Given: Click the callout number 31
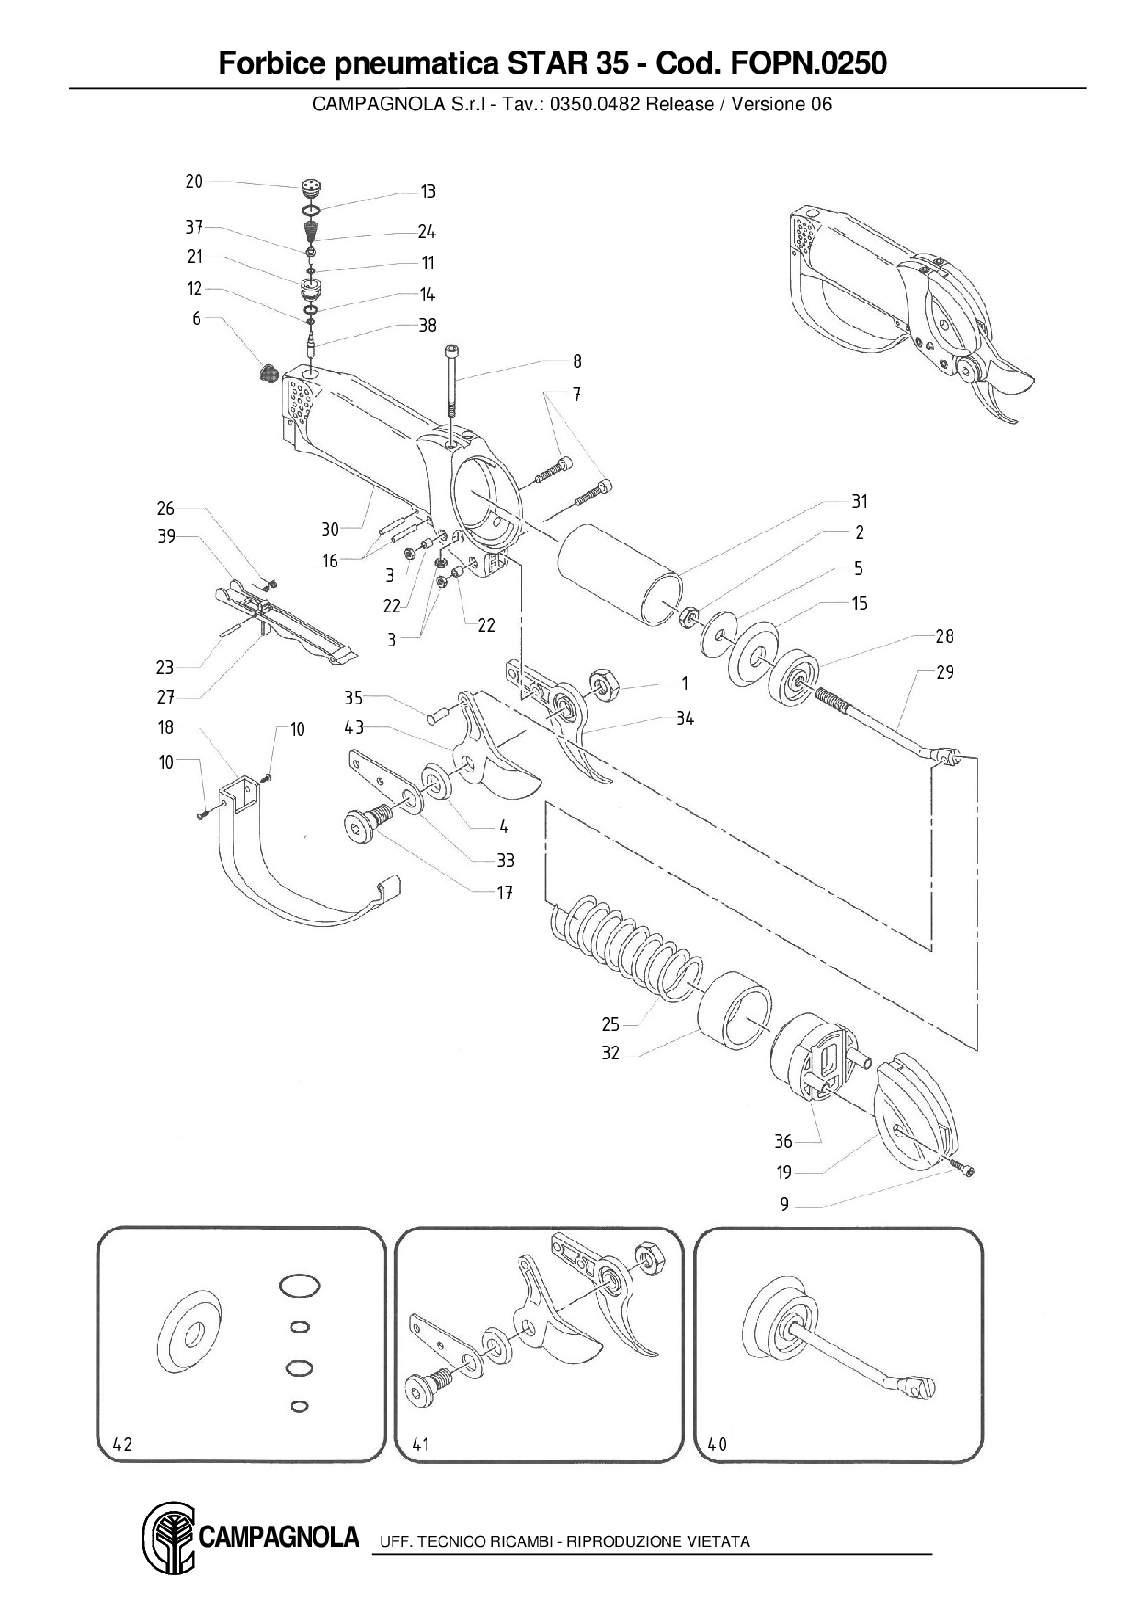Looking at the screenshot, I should pos(860,501).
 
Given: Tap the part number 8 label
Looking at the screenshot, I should pos(577,361).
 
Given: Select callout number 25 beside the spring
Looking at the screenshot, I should pos(610,1024).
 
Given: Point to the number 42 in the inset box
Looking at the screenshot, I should pos(122,1445).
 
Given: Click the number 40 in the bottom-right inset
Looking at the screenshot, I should pos(717,1445).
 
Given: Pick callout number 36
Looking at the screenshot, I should pos(783,1141).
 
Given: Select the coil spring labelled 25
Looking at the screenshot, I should pos(625,947).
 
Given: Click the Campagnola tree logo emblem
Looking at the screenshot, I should pos(167,1539).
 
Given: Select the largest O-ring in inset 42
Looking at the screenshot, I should pos(299,1286).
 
